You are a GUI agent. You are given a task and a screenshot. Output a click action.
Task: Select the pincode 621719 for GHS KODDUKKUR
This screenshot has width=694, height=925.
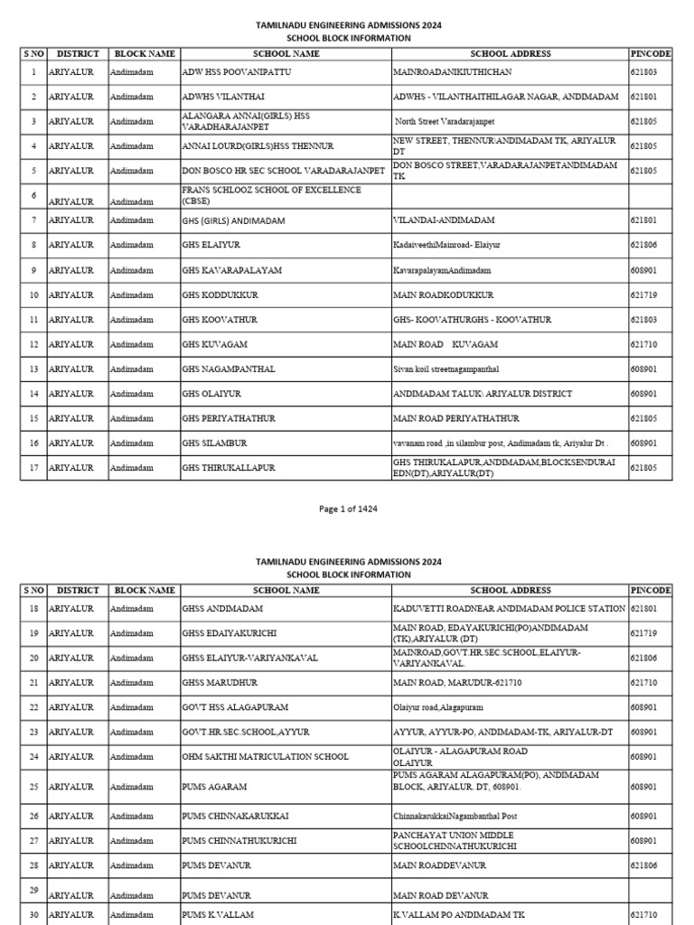643,294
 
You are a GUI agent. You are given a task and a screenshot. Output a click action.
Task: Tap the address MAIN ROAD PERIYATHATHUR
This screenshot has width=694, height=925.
455,418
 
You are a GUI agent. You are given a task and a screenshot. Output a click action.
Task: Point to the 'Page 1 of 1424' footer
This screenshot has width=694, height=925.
348,509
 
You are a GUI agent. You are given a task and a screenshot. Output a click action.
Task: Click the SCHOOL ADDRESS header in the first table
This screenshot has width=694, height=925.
510,54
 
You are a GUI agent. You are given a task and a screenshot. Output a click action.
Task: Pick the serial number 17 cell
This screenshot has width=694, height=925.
33,468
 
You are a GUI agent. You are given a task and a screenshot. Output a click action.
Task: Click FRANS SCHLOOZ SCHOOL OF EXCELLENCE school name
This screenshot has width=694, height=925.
271,195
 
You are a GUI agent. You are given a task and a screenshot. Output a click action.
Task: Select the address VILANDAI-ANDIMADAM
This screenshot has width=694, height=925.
444,220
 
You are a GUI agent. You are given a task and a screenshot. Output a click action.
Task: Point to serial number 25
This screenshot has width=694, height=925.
33,787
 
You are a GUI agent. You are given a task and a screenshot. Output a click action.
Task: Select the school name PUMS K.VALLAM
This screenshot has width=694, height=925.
218,915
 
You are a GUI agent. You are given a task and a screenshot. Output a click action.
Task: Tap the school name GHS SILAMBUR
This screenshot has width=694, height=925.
214,444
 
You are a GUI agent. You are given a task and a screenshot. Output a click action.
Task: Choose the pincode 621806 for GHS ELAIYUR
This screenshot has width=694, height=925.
643,245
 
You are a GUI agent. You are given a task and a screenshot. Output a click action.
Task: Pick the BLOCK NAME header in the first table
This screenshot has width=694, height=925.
144,54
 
